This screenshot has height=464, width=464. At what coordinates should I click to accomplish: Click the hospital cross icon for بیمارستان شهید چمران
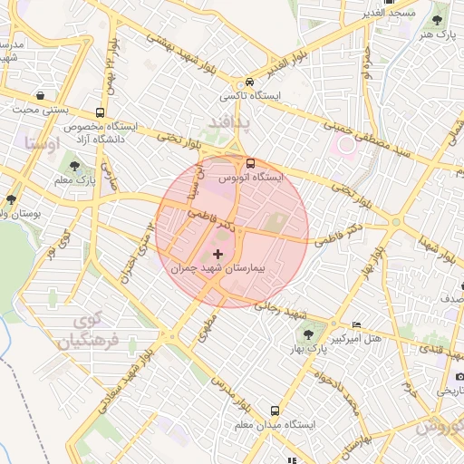coord(217,254)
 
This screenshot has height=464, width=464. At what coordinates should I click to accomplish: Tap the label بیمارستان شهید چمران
coord(217,269)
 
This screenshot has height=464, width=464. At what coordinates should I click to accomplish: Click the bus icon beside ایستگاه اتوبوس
coord(249,163)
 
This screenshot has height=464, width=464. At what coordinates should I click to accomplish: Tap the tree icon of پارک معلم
coord(73,166)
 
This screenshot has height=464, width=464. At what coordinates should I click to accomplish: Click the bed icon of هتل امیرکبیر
coord(355,324)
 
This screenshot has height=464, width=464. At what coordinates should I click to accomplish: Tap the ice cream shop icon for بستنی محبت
coord(40,95)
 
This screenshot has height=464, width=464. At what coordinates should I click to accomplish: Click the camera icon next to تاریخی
coord(459,375)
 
